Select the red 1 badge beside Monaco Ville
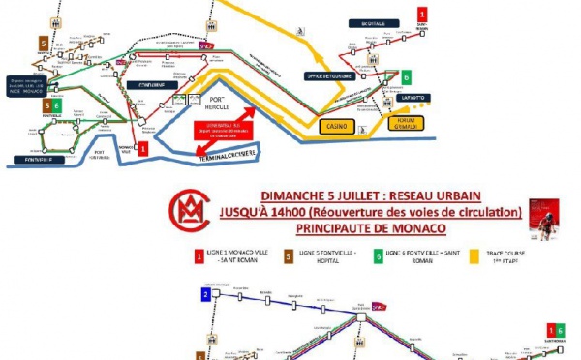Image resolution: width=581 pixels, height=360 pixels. coord(143,148)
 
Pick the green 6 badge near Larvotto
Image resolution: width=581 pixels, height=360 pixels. coord(408,75)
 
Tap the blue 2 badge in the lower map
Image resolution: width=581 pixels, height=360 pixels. coord(205,295)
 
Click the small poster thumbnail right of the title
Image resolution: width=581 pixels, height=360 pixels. coord(543,213)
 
